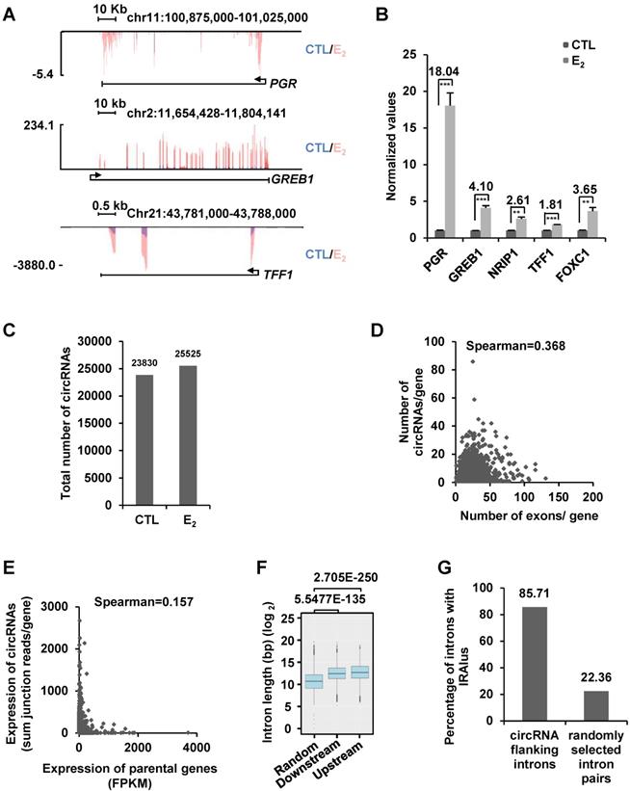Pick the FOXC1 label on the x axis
point(584,261)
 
